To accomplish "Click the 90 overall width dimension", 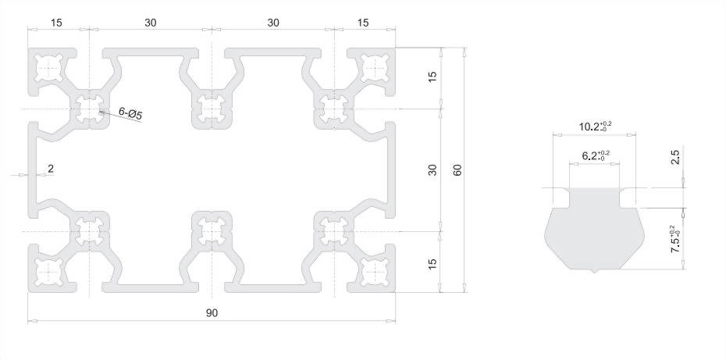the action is pos(212,312).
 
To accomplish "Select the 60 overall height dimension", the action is pos(457,170).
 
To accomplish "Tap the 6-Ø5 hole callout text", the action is pos(130,113).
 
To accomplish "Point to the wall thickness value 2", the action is pos(51,169).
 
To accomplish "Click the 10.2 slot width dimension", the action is pos(595,126).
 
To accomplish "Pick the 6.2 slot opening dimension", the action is pos(596,155).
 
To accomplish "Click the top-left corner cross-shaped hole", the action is pos(48,68).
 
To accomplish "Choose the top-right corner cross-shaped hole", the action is pos(374,68).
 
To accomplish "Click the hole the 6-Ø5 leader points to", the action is pos(90,109).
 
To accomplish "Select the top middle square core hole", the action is pos(212,109).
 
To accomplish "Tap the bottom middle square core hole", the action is pos(212,230).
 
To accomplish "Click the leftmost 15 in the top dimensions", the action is pos(56,22).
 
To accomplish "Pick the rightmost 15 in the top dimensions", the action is pos(364,22).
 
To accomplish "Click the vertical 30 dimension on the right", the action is pos(432,170).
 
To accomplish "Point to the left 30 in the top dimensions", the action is pos(151,22).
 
